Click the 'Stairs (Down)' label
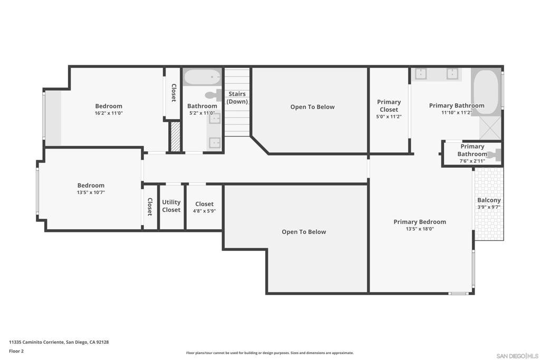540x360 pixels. tap(237, 98)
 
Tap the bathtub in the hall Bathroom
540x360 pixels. tap(202, 77)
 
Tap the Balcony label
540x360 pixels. tap(489, 200)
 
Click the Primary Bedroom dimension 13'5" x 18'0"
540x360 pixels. tap(420, 229)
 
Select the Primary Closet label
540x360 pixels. tap(389, 105)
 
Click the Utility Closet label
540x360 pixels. tap(171, 206)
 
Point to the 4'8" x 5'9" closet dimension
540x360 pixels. tap(204, 211)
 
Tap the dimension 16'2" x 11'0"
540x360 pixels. tap(109, 113)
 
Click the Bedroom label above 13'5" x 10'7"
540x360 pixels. tap(91, 186)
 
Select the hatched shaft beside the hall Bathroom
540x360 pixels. tap(175, 137)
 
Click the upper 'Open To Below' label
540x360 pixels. tap(312, 107)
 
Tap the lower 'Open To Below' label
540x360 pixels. tap(304, 232)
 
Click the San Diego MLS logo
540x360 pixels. tap(517, 356)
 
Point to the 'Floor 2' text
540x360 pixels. tap(16, 351)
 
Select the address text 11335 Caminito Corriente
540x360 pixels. tap(59, 342)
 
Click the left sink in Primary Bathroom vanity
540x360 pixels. tap(420, 74)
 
